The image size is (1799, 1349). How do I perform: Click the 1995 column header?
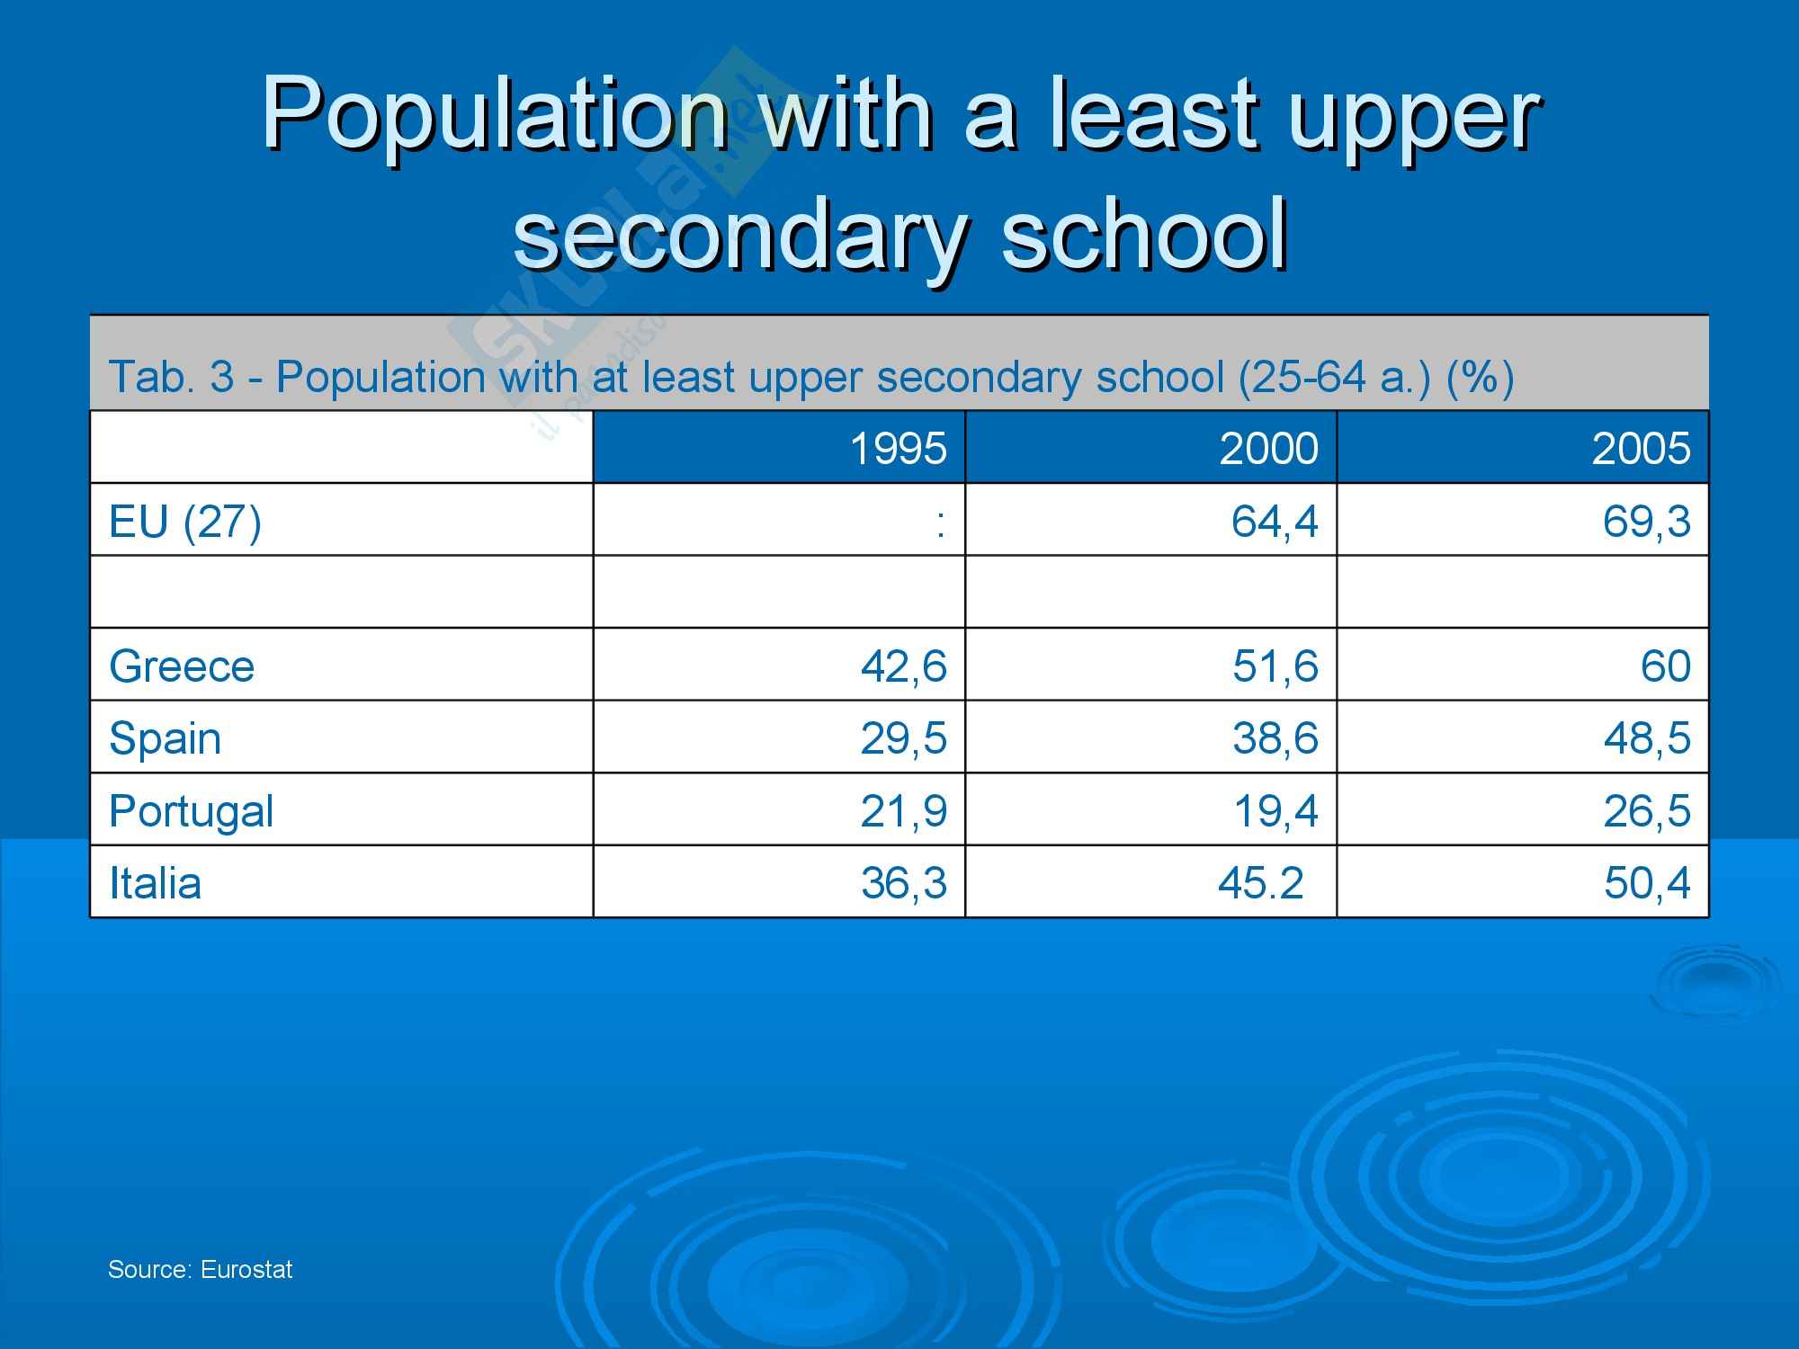(x=898, y=448)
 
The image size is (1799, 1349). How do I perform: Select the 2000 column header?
(x=1268, y=448)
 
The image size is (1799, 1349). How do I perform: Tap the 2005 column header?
(x=1641, y=448)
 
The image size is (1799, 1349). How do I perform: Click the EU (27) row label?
(x=185, y=522)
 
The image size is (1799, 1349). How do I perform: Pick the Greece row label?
(x=182, y=666)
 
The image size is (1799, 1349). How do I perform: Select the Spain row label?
(x=166, y=739)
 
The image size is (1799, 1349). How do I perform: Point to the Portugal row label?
(x=191, y=811)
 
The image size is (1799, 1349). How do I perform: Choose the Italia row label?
(x=155, y=883)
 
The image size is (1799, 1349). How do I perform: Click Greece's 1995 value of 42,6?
(x=903, y=666)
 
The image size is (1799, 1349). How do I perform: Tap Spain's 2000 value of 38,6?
(x=1275, y=739)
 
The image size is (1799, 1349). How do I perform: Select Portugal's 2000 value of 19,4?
(x=1275, y=811)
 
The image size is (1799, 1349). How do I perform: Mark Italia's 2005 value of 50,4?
(x=1646, y=883)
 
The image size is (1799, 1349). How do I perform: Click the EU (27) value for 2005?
(x=1646, y=522)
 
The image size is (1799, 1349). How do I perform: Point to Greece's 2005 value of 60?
(x=1665, y=666)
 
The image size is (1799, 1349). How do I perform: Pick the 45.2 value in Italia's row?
(x=1260, y=883)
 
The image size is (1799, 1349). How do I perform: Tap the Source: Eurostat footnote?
(x=200, y=1270)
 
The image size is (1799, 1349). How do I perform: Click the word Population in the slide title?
(x=494, y=115)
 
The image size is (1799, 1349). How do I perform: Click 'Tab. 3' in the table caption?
(x=171, y=376)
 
